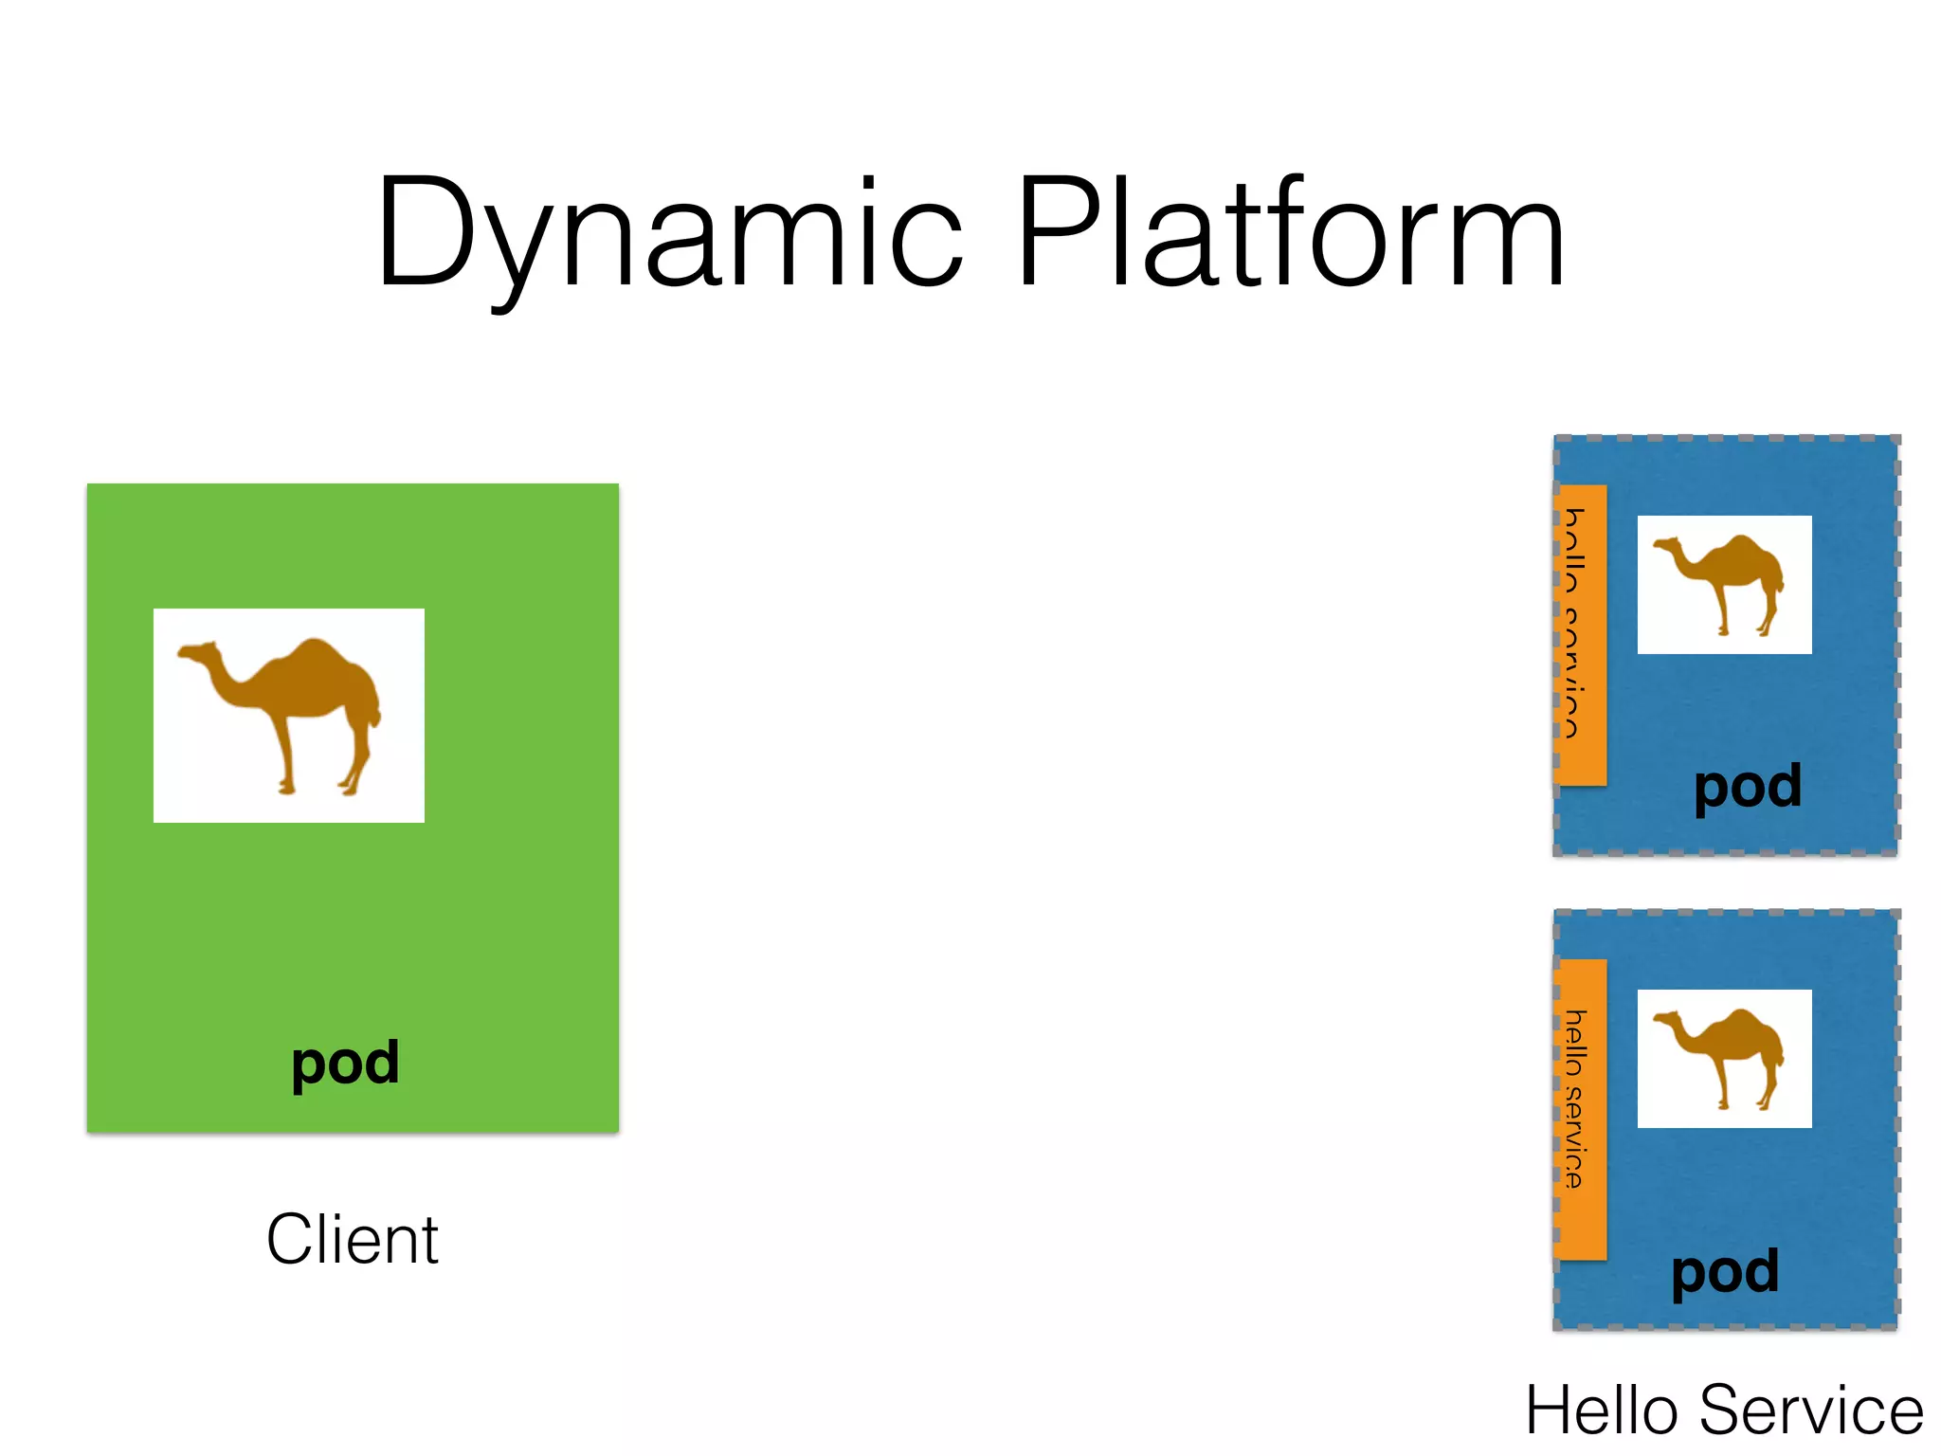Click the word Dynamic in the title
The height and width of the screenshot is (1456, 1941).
click(668, 232)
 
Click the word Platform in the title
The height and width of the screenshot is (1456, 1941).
click(1289, 232)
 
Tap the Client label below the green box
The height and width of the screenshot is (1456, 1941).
click(352, 1239)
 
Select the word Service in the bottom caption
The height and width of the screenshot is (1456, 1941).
click(1811, 1410)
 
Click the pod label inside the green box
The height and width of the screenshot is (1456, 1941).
click(345, 1064)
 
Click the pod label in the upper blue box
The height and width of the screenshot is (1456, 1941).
click(1748, 787)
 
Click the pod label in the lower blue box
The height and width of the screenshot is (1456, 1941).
click(1725, 1272)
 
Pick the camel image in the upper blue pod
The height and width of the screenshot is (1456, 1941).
click(1724, 585)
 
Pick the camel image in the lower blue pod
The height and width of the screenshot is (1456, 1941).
click(1724, 1059)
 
